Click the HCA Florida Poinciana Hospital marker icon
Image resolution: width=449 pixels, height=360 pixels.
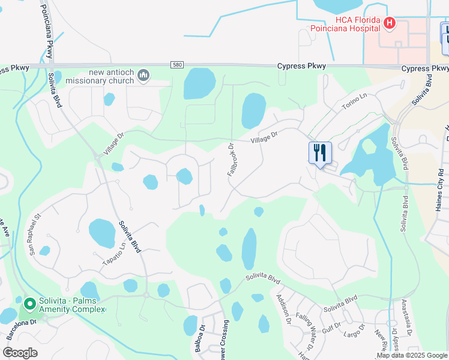[x=390, y=23]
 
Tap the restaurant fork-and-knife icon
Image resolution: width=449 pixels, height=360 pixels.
[x=320, y=152]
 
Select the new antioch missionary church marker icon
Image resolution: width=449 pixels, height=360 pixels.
[x=143, y=75]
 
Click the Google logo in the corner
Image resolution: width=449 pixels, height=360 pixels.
[x=20, y=353]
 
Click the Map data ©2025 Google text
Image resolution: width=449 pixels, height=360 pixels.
[x=412, y=355]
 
